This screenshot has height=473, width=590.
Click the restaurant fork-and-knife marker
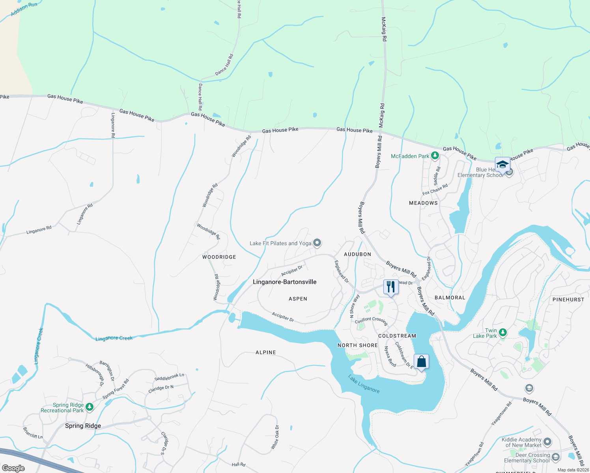coord(390,287)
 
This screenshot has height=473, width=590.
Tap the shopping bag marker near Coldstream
coord(421,361)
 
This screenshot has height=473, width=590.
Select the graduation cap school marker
coord(502,164)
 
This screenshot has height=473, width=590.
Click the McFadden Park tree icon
coord(435,156)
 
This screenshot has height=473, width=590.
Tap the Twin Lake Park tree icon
coord(502,333)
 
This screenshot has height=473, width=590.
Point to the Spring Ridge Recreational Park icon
coord(90,407)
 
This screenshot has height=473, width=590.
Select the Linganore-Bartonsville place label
coord(284,282)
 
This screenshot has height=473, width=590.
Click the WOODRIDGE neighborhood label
coord(219,257)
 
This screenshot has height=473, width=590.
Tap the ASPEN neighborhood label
coord(298,299)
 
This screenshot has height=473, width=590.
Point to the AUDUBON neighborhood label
coord(357,254)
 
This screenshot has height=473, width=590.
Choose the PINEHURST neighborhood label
coord(568,300)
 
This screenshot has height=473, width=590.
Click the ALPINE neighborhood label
coord(265,352)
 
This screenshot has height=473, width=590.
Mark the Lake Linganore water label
coord(364,384)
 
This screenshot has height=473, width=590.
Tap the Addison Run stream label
coord(24,9)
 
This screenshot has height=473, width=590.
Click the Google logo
coord(13,468)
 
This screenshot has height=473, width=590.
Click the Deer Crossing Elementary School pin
coord(556,457)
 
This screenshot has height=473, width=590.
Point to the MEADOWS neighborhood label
coord(423,203)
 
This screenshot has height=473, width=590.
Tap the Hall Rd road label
coord(238,465)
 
